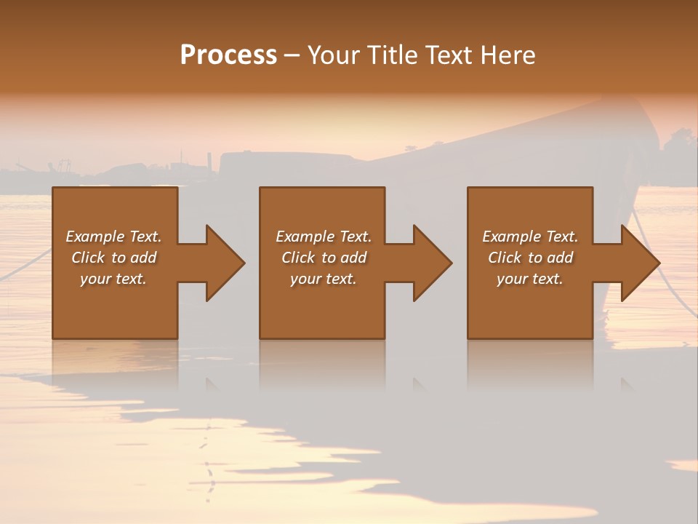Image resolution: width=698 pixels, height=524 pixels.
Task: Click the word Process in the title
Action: pos(228,55)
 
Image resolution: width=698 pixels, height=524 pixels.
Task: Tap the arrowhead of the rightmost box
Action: pos(639,263)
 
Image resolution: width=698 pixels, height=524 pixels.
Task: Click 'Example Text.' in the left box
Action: pos(113,237)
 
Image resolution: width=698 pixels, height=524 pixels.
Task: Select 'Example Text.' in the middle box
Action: pos(324,237)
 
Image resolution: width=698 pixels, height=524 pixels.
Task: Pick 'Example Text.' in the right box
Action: pos(530,237)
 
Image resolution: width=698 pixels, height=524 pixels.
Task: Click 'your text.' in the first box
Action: pos(113,279)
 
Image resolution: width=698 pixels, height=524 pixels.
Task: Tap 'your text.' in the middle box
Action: pos(324,279)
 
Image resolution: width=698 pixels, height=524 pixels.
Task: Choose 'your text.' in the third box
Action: pos(530,279)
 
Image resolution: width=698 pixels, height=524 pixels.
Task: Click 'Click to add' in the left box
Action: pos(113,258)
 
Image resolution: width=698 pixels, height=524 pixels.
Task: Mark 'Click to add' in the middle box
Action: pos(324,258)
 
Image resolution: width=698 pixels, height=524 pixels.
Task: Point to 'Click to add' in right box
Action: pos(530,258)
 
